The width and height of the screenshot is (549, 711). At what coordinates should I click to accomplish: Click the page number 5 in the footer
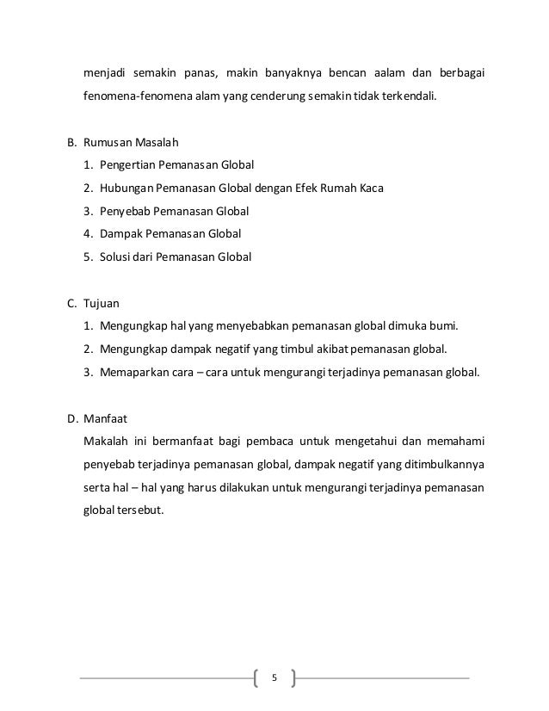(x=274, y=677)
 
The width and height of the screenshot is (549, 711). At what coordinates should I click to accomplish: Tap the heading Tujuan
(x=102, y=303)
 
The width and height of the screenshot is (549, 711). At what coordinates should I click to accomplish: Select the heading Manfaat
(x=105, y=419)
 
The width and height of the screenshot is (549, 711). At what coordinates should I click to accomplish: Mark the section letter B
(x=71, y=141)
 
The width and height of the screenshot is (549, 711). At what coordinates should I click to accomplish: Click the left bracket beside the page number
(x=257, y=677)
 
